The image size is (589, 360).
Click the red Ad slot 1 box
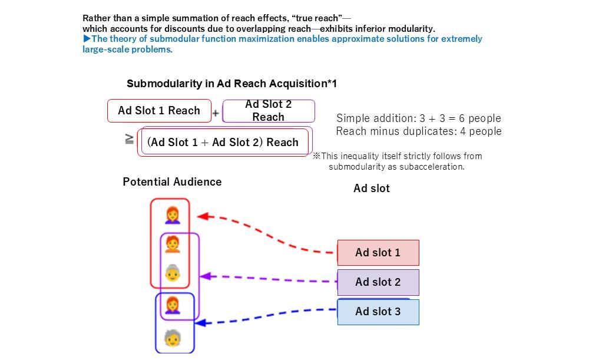pos(378,253)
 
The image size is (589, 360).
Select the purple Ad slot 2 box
pos(378,282)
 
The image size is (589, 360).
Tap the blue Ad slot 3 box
pos(378,312)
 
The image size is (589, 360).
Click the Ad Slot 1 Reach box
pos(159,111)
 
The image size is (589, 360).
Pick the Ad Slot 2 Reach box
pos(268,111)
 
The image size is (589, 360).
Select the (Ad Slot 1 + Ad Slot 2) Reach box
pos(223,143)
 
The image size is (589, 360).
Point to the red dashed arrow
pos(265,233)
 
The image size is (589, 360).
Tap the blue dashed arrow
pos(265,315)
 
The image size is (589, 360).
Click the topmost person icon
pos(172,215)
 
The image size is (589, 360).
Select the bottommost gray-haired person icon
pos(172,338)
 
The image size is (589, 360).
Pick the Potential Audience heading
pos(172,182)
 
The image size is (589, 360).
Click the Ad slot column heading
pos(372,189)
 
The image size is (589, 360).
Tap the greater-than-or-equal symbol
pos(129,140)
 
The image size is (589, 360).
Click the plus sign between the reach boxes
pos(216,114)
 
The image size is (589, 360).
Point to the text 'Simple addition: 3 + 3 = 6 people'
pos(418,118)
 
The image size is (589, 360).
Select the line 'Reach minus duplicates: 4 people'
pos(418,131)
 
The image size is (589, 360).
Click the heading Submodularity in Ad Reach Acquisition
pos(231,84)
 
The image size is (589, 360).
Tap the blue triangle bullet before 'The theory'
pos(87,39)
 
